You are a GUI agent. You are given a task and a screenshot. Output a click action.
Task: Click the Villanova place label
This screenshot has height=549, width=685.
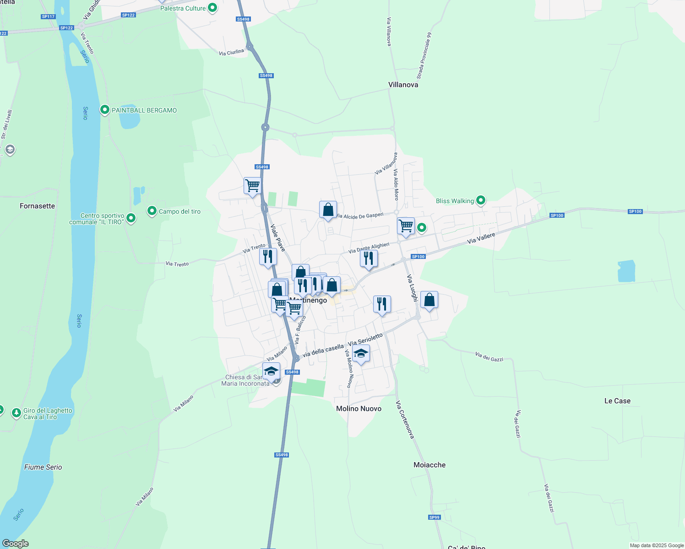click(403, 85)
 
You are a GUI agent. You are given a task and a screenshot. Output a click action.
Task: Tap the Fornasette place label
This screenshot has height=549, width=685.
click(37, 206)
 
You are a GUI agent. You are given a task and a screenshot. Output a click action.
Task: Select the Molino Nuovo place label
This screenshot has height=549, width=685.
click(359, 409)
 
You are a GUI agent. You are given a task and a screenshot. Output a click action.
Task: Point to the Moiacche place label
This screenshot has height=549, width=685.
click(429, 465)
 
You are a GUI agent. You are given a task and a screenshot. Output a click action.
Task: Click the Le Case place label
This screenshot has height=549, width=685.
click(617, 401)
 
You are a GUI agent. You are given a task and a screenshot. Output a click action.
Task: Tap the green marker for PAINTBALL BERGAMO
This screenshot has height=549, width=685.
click(105, 110)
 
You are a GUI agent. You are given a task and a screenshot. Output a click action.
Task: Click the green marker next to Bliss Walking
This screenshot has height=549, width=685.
click(480, 200)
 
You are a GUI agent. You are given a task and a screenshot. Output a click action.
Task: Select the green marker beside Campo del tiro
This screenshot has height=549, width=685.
click(152, 211)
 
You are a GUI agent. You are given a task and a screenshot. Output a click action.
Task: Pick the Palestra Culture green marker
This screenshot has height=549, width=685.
click(212, 8)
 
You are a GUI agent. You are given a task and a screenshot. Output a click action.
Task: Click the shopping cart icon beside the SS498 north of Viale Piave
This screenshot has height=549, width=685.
click(252, 186)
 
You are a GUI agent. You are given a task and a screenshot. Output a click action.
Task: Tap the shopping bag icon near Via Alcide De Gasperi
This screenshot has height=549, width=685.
click(328, 210)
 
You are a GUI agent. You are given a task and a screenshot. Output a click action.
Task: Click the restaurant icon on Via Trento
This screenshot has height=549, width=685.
click(268, 257)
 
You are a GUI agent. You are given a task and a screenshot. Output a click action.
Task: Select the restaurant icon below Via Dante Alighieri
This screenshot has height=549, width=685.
click(369, 258)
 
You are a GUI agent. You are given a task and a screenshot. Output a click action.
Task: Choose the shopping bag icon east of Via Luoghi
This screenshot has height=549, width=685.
click(429, 300)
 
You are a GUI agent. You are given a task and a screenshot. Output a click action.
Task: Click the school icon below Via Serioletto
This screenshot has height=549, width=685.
click(361, 354)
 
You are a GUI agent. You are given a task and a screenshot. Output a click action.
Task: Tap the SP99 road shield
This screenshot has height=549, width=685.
click(434, 517)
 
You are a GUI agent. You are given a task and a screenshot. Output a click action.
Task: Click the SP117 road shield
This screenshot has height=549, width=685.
click(48, 16)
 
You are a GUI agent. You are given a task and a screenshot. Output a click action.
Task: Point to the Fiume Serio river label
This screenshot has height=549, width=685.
click(43, 467)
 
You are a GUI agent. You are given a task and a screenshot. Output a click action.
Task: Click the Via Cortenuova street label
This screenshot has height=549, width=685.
click(405, 420)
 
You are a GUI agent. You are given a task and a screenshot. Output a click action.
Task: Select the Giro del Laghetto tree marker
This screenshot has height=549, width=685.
click(16, 413)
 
